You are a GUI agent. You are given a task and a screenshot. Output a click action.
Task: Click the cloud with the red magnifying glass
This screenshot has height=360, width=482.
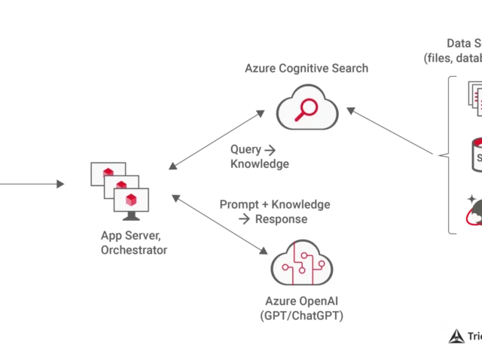pos(306,111)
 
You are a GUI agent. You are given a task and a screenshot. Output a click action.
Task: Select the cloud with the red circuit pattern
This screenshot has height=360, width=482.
pos(304,264)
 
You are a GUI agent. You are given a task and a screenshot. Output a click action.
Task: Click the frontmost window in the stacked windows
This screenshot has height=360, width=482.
pos(132,200)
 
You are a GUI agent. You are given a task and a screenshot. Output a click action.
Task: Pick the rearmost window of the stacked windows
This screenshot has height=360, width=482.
pos(103,170)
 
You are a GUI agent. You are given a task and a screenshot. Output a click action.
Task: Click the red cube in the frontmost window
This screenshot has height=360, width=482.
pos(132,200)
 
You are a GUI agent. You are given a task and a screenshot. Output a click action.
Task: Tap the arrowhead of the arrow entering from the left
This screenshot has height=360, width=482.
pos(61,183)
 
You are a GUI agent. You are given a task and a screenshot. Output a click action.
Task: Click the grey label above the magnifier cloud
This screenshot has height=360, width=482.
pos(307,70)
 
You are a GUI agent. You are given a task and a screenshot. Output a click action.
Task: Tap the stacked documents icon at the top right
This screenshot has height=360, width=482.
pos(474,98)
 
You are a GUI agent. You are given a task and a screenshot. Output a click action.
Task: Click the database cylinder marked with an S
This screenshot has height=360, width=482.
pos(476,155)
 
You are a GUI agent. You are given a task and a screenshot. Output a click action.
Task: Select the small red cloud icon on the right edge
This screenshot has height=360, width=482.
pos(474,216)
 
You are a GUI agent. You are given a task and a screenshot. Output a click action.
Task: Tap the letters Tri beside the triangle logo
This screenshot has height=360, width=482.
pos(474,337)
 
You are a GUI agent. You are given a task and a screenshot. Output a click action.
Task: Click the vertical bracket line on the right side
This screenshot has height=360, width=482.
pos(450,154)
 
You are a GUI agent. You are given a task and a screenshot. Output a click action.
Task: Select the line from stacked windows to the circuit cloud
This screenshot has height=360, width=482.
pos(218,225)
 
